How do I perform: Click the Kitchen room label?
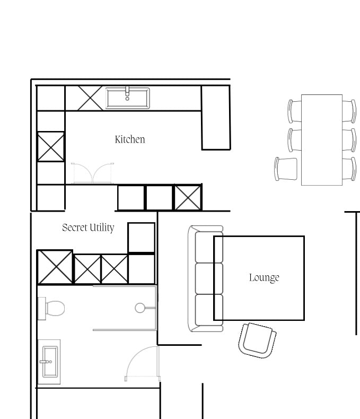coord(130,139)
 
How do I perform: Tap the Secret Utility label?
coord(88,228)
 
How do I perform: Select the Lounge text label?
coord(264,277)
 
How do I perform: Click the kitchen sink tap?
coord(127,93)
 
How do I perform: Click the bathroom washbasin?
coord(50,362)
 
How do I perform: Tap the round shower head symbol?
coord(140,308)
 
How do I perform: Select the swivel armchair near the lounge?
coord(257,340)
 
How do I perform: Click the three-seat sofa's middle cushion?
coord(209,278)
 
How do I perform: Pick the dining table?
coord(322,140)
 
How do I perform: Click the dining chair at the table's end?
coord(286,169)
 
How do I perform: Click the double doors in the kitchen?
coord(92,173)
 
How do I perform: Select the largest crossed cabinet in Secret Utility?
coord(55,267)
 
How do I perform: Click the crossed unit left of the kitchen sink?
coord(90,98)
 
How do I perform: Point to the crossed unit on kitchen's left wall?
coord(51,146)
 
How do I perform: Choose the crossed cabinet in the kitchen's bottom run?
coord(188,198)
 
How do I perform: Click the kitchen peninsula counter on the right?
coord(216,117)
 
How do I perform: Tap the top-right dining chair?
coord(349,111)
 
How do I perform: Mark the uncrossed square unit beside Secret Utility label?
coord(141,238)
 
